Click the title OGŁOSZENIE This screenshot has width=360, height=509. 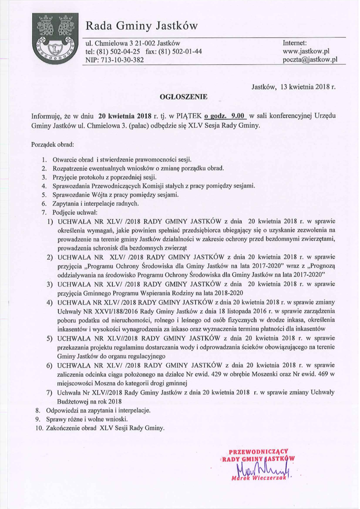click(x=183, y=96)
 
